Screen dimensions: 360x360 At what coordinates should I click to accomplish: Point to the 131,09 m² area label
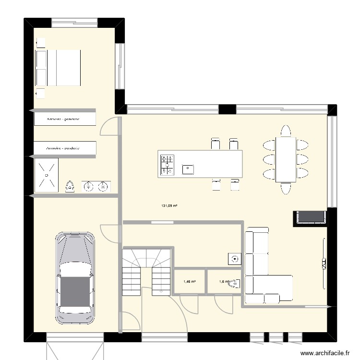click(x=169, y=206)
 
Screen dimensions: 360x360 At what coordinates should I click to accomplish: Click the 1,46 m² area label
click(x=189, y=282)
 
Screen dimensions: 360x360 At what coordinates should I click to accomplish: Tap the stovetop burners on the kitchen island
click(x=168, y=164)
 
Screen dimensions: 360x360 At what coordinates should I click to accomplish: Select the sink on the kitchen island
click(x=188, y=168)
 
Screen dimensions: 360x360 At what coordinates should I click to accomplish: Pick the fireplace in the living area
click(x=310, y=217)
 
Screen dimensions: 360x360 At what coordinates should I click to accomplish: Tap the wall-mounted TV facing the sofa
click(x=324, y=262)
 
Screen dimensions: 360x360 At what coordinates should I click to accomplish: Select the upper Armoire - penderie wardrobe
click(x=65, y=119)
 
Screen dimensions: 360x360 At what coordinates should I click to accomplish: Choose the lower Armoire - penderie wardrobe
click(x=65, y=149)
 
